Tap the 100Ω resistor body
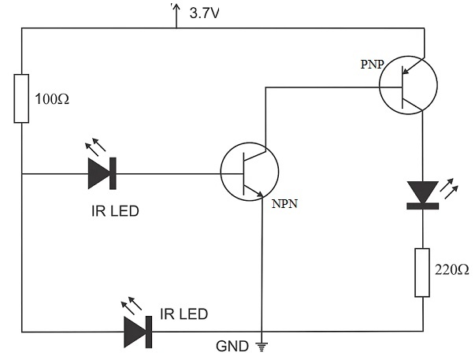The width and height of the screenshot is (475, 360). tap(22, 98)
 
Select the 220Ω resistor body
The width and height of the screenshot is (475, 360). tap(423, 272)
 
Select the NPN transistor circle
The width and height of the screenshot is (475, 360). tap(250, 173)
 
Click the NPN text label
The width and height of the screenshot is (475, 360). tap(285, 204)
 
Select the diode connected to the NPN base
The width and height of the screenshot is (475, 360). tap(102, 173)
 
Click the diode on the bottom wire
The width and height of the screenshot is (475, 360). tap(137, 331)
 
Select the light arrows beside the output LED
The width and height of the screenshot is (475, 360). tap(451, 188)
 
